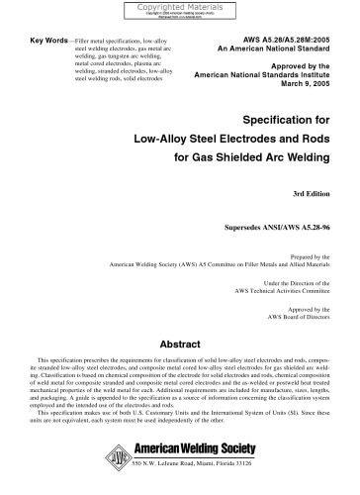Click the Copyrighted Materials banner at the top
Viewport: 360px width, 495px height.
pyautogui.click(x=178, y=8)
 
